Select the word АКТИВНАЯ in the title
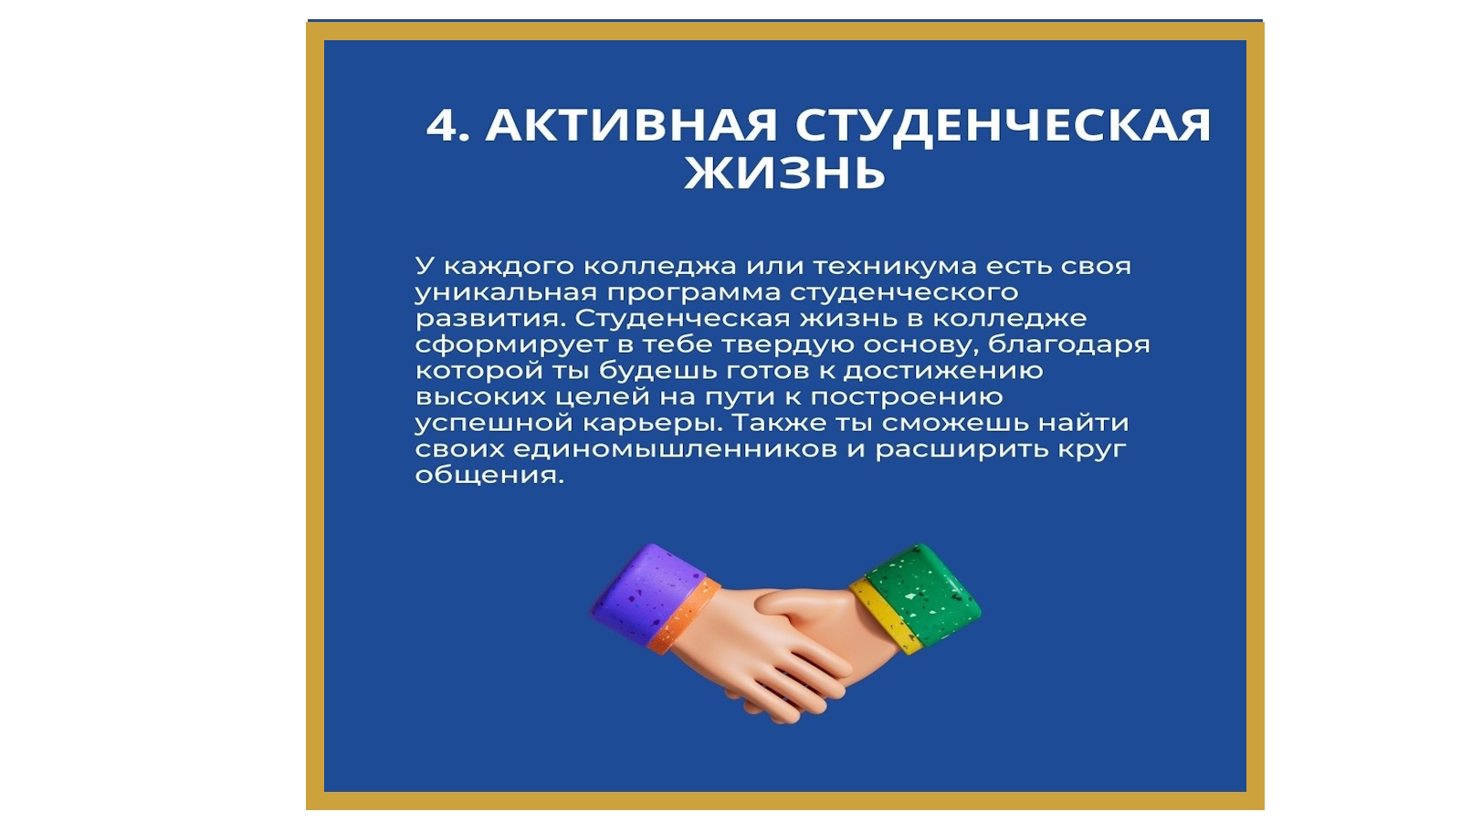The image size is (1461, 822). pos(631,124)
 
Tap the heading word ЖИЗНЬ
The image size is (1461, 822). pos(784,173)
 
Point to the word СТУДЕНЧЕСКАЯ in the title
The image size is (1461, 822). pos(1004,124)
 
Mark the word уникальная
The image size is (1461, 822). pos(506,293)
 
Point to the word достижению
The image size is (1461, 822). pos(943,371)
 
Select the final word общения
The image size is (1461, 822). pos(489,476)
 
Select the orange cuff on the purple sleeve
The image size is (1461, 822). pos(685,616)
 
